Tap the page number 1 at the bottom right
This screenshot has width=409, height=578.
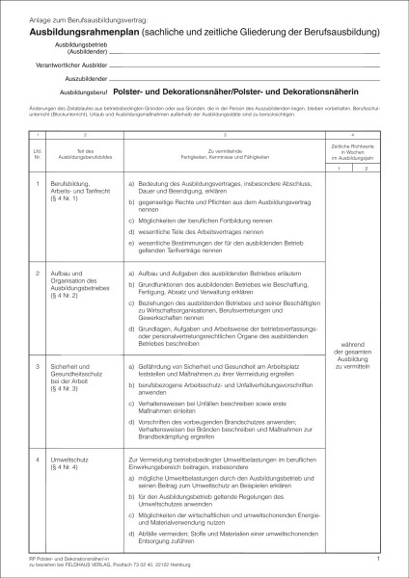click(x=379, y=558)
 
